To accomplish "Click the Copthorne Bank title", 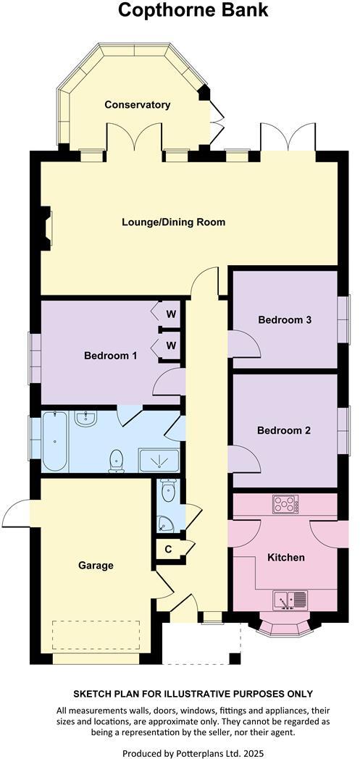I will coord(193,10).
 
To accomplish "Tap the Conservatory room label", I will coord(137,105).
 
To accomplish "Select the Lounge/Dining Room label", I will coord(173,222).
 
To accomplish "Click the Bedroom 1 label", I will coord(110,356).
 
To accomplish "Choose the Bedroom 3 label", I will coord(284,319).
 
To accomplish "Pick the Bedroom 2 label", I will coord(284,430).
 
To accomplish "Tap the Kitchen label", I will coord(285,558).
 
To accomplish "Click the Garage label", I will coord(96,565).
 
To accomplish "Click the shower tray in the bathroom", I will coord(158,460).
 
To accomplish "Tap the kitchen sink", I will coord(290,600).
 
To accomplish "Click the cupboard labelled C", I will coord(168,549).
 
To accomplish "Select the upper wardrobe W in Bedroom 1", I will coord(171,314).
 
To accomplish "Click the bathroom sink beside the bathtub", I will coord(85,419).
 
